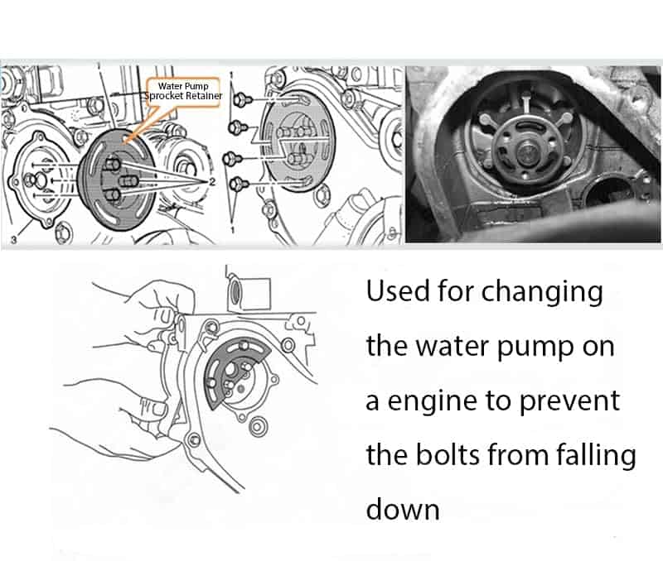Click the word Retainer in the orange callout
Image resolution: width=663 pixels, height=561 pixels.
(204, 96)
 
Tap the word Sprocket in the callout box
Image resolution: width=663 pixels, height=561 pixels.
(164, 96)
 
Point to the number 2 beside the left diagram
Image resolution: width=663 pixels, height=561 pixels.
(212, 181)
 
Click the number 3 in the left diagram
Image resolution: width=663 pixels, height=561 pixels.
(13, 240)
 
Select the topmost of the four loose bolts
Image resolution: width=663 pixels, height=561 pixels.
(242, 100)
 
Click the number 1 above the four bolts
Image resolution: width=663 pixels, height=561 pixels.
(232, 75)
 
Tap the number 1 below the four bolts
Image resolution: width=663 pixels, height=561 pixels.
(232, 229)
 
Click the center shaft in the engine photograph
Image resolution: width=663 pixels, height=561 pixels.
(528, 152)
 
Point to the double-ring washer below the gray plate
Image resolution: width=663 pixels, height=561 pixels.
(257, 426)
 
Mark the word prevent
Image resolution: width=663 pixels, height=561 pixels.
(569, 402)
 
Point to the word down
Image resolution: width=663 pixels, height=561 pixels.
(403, 509)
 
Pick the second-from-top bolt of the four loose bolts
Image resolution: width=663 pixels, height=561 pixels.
(239, 127)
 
